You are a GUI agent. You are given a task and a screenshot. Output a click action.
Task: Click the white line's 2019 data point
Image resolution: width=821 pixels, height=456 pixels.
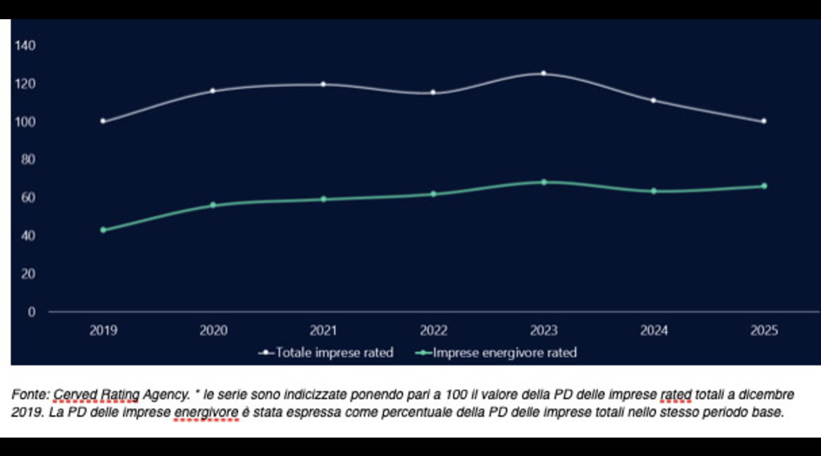click(103, 121)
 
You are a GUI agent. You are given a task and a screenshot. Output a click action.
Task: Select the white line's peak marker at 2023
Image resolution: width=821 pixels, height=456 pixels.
click(544, 74)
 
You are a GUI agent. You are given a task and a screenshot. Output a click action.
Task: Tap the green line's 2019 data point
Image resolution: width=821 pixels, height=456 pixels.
click(103, 230)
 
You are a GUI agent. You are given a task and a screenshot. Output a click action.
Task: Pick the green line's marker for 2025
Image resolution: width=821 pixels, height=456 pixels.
click(763, 186)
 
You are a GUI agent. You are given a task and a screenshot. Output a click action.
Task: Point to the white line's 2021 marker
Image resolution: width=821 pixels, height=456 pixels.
click(323, 84)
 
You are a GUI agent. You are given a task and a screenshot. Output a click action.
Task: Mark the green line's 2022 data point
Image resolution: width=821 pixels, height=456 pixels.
click(433, 194)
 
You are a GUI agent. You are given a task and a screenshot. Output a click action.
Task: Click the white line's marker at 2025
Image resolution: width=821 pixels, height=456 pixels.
click(763, 121)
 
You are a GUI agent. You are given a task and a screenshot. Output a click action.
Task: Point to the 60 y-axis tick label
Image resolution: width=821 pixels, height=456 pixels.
click(29, 197)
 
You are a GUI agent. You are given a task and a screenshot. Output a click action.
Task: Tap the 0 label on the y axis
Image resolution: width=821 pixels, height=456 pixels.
click(32, 312)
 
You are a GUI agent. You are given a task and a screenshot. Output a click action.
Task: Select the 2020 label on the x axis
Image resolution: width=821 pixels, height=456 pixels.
click(213, 330)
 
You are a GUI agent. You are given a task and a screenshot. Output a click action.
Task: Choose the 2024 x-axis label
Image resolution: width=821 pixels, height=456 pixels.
click(653, 330)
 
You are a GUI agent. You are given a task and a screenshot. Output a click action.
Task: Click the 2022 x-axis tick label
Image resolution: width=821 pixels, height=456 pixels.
click(433, 330)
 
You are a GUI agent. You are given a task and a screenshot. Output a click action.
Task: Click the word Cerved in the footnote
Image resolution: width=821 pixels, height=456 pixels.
click(71, 395)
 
